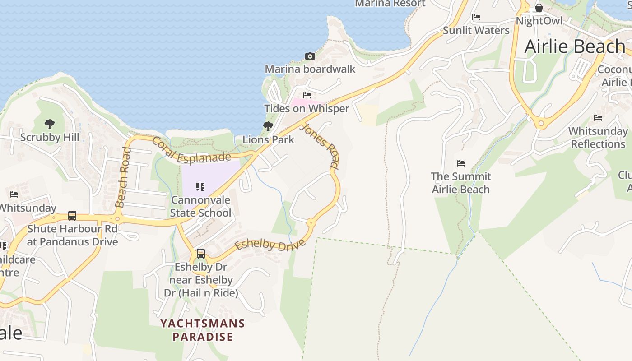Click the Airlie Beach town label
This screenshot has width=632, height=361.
(x=574, y=46)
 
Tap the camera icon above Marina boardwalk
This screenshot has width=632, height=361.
(x=310, y=56)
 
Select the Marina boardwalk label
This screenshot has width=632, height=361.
(x=310, y=69)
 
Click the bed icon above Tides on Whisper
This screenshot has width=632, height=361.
(x=307, y=95)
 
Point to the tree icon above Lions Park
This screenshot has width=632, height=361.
(x=268, y=126)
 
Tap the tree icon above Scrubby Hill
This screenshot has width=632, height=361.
(x=50, y=124)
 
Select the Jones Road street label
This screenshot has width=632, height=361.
(x=320, y=146)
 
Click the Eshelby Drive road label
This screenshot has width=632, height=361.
(x=270, y=245)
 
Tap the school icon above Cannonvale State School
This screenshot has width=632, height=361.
(x=200, y=187)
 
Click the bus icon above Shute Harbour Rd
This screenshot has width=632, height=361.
(x=72, y=216)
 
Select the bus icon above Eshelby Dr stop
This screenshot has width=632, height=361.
(x=201, y=254)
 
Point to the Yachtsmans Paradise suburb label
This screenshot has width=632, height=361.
(x=203, y=330)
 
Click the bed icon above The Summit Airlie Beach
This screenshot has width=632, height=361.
(x=460, y=163)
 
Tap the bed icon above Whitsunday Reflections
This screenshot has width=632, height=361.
(x=598, y=118)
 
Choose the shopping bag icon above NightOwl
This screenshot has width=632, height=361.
(x=539, y=8)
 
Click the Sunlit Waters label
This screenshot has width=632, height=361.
(x=476, y=30)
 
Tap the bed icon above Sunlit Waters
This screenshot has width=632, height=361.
(x=476, y=18)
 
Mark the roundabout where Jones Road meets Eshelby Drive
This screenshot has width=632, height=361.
(x=311, y=222)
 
